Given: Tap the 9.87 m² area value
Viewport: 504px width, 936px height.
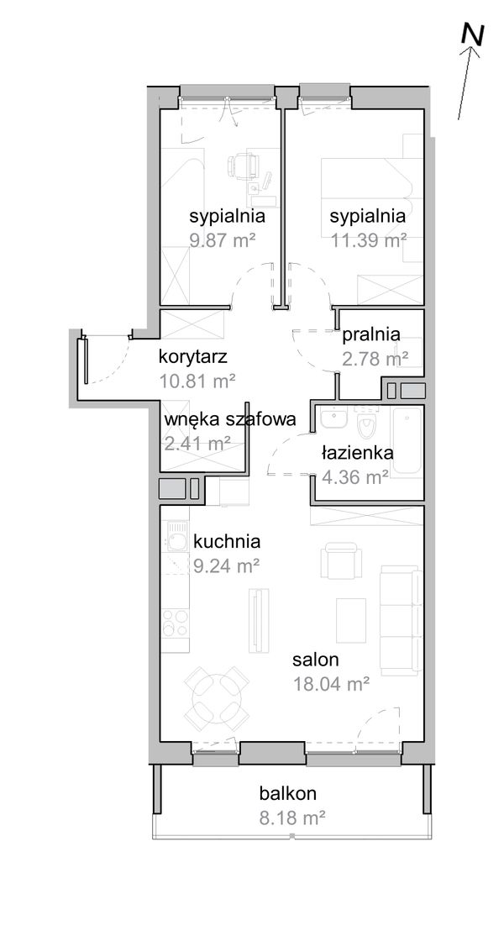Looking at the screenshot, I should [x=223, y=240].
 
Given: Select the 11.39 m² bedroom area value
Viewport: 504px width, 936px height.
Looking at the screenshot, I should [x=368, y=240].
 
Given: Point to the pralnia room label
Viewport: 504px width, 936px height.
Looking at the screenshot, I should [x=371, y=334].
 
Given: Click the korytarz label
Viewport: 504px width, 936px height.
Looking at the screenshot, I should [x=194, y=356].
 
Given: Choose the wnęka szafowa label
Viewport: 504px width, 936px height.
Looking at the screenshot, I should [x=229, y=419].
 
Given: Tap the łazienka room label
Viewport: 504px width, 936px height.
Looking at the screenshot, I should [x=357, y=453].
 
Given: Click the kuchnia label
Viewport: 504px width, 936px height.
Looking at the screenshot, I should [x=226, y=541].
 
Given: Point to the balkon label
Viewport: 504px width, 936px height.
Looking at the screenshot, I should [x=287, y=792].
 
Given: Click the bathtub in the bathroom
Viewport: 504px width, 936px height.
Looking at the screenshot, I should [x=409, y=442].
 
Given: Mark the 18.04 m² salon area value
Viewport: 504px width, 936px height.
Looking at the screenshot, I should [x=331, y=684].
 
